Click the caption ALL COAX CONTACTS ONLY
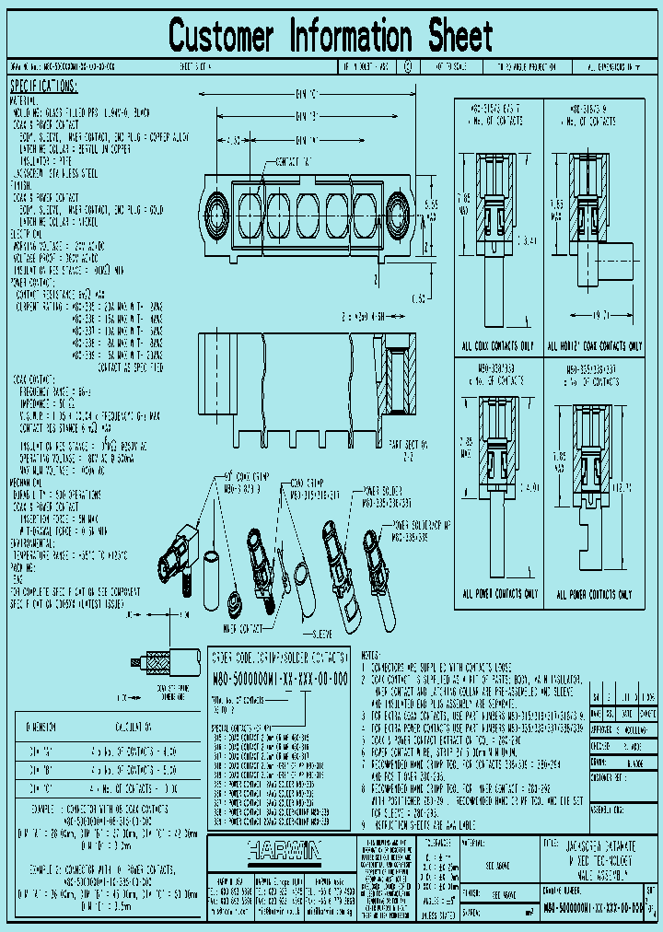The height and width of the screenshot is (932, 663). click(498, 347)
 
